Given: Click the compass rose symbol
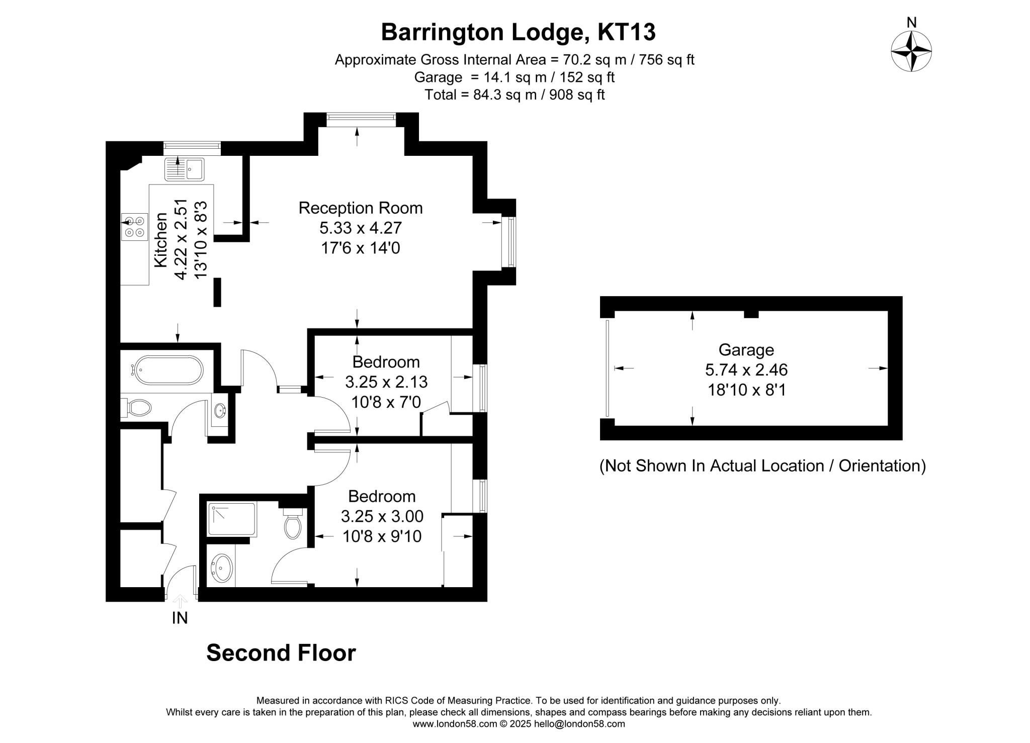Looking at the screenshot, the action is point(911,51).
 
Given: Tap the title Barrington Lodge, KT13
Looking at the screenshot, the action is point(518,32).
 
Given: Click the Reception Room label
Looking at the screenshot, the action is point(360,208).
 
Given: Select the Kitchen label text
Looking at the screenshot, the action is point(160,240).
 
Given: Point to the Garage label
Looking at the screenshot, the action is point(746,349).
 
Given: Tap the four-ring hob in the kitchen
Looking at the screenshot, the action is point(135,226).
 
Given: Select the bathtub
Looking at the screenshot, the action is point(167,370).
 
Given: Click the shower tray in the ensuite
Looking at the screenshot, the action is point(232,518).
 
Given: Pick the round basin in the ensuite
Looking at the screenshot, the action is point(221,569).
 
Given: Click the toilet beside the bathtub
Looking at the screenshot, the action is point(137,407).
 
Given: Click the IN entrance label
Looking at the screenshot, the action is point(180,618).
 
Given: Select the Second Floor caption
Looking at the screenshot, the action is point(281,653).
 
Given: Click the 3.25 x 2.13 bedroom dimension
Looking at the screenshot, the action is point(386,382).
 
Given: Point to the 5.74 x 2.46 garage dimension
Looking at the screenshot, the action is point(746,370).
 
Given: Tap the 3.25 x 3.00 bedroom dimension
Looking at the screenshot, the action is point(382,516).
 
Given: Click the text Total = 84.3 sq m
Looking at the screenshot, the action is point(514,95).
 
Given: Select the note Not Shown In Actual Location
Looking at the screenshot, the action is point(762,466).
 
